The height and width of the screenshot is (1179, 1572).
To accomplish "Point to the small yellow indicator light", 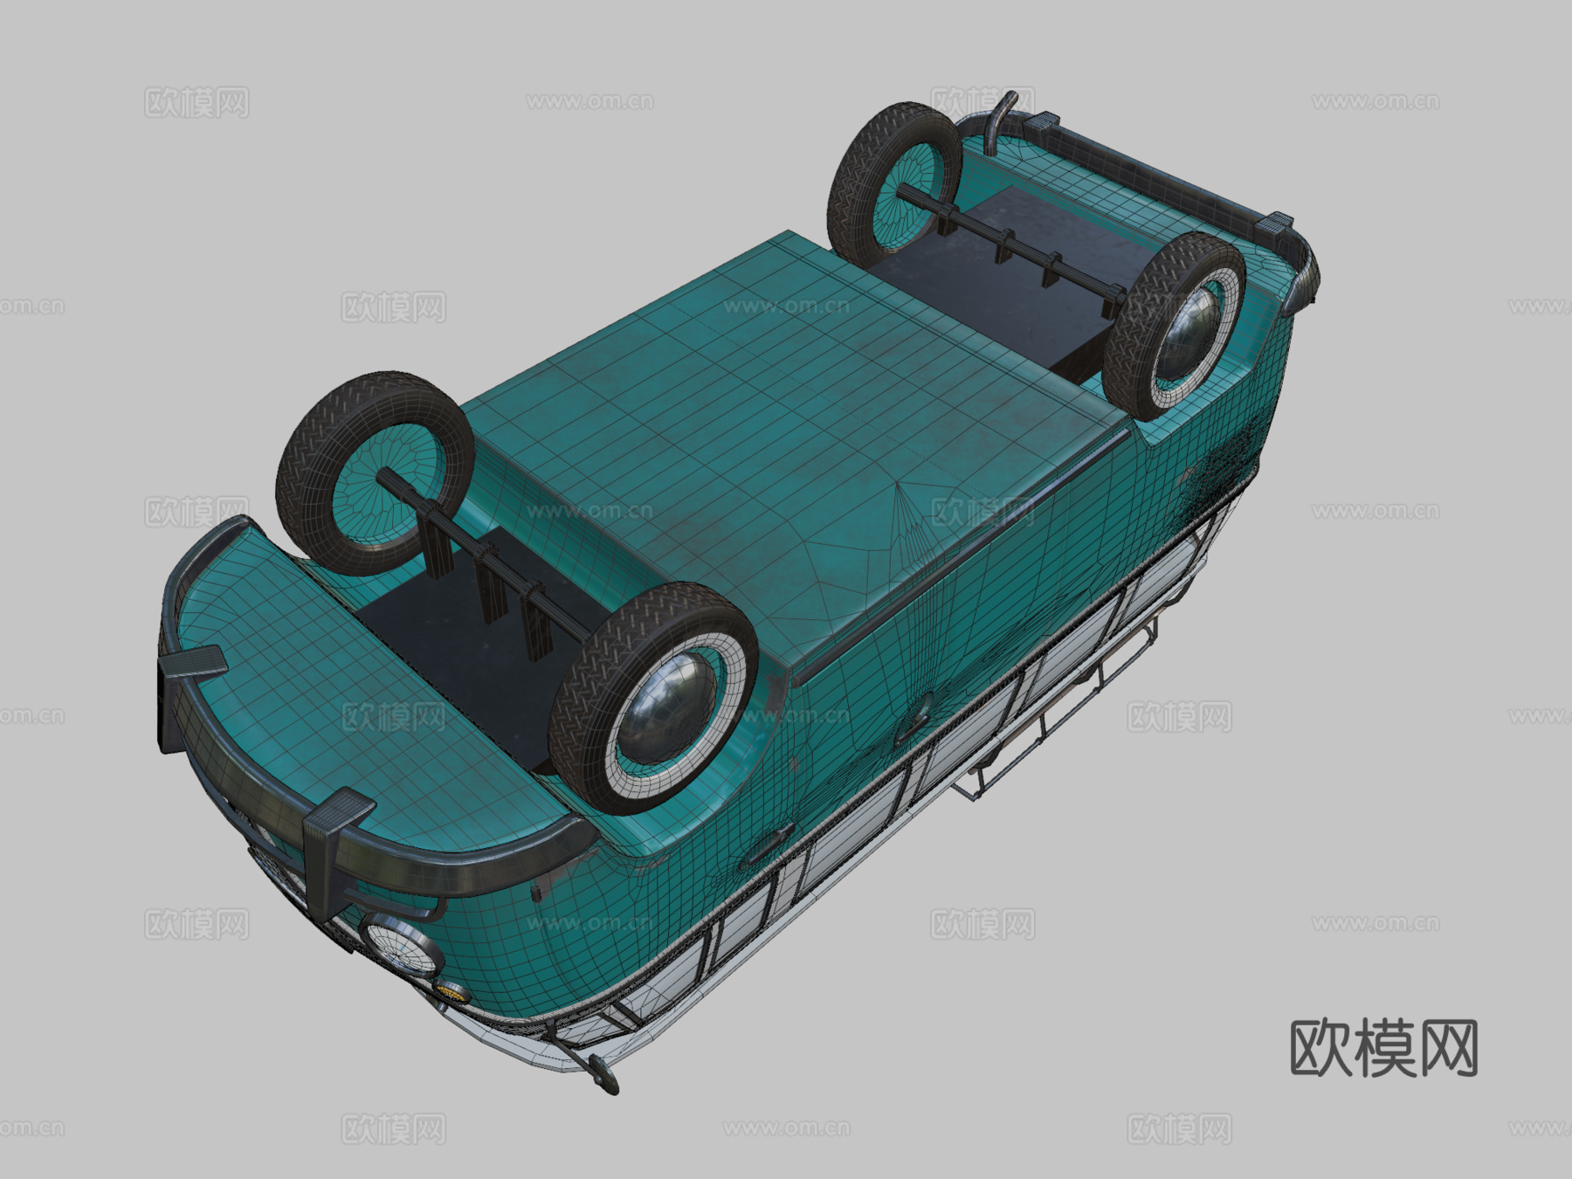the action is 452,989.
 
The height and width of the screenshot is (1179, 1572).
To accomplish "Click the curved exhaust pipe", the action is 996,118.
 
